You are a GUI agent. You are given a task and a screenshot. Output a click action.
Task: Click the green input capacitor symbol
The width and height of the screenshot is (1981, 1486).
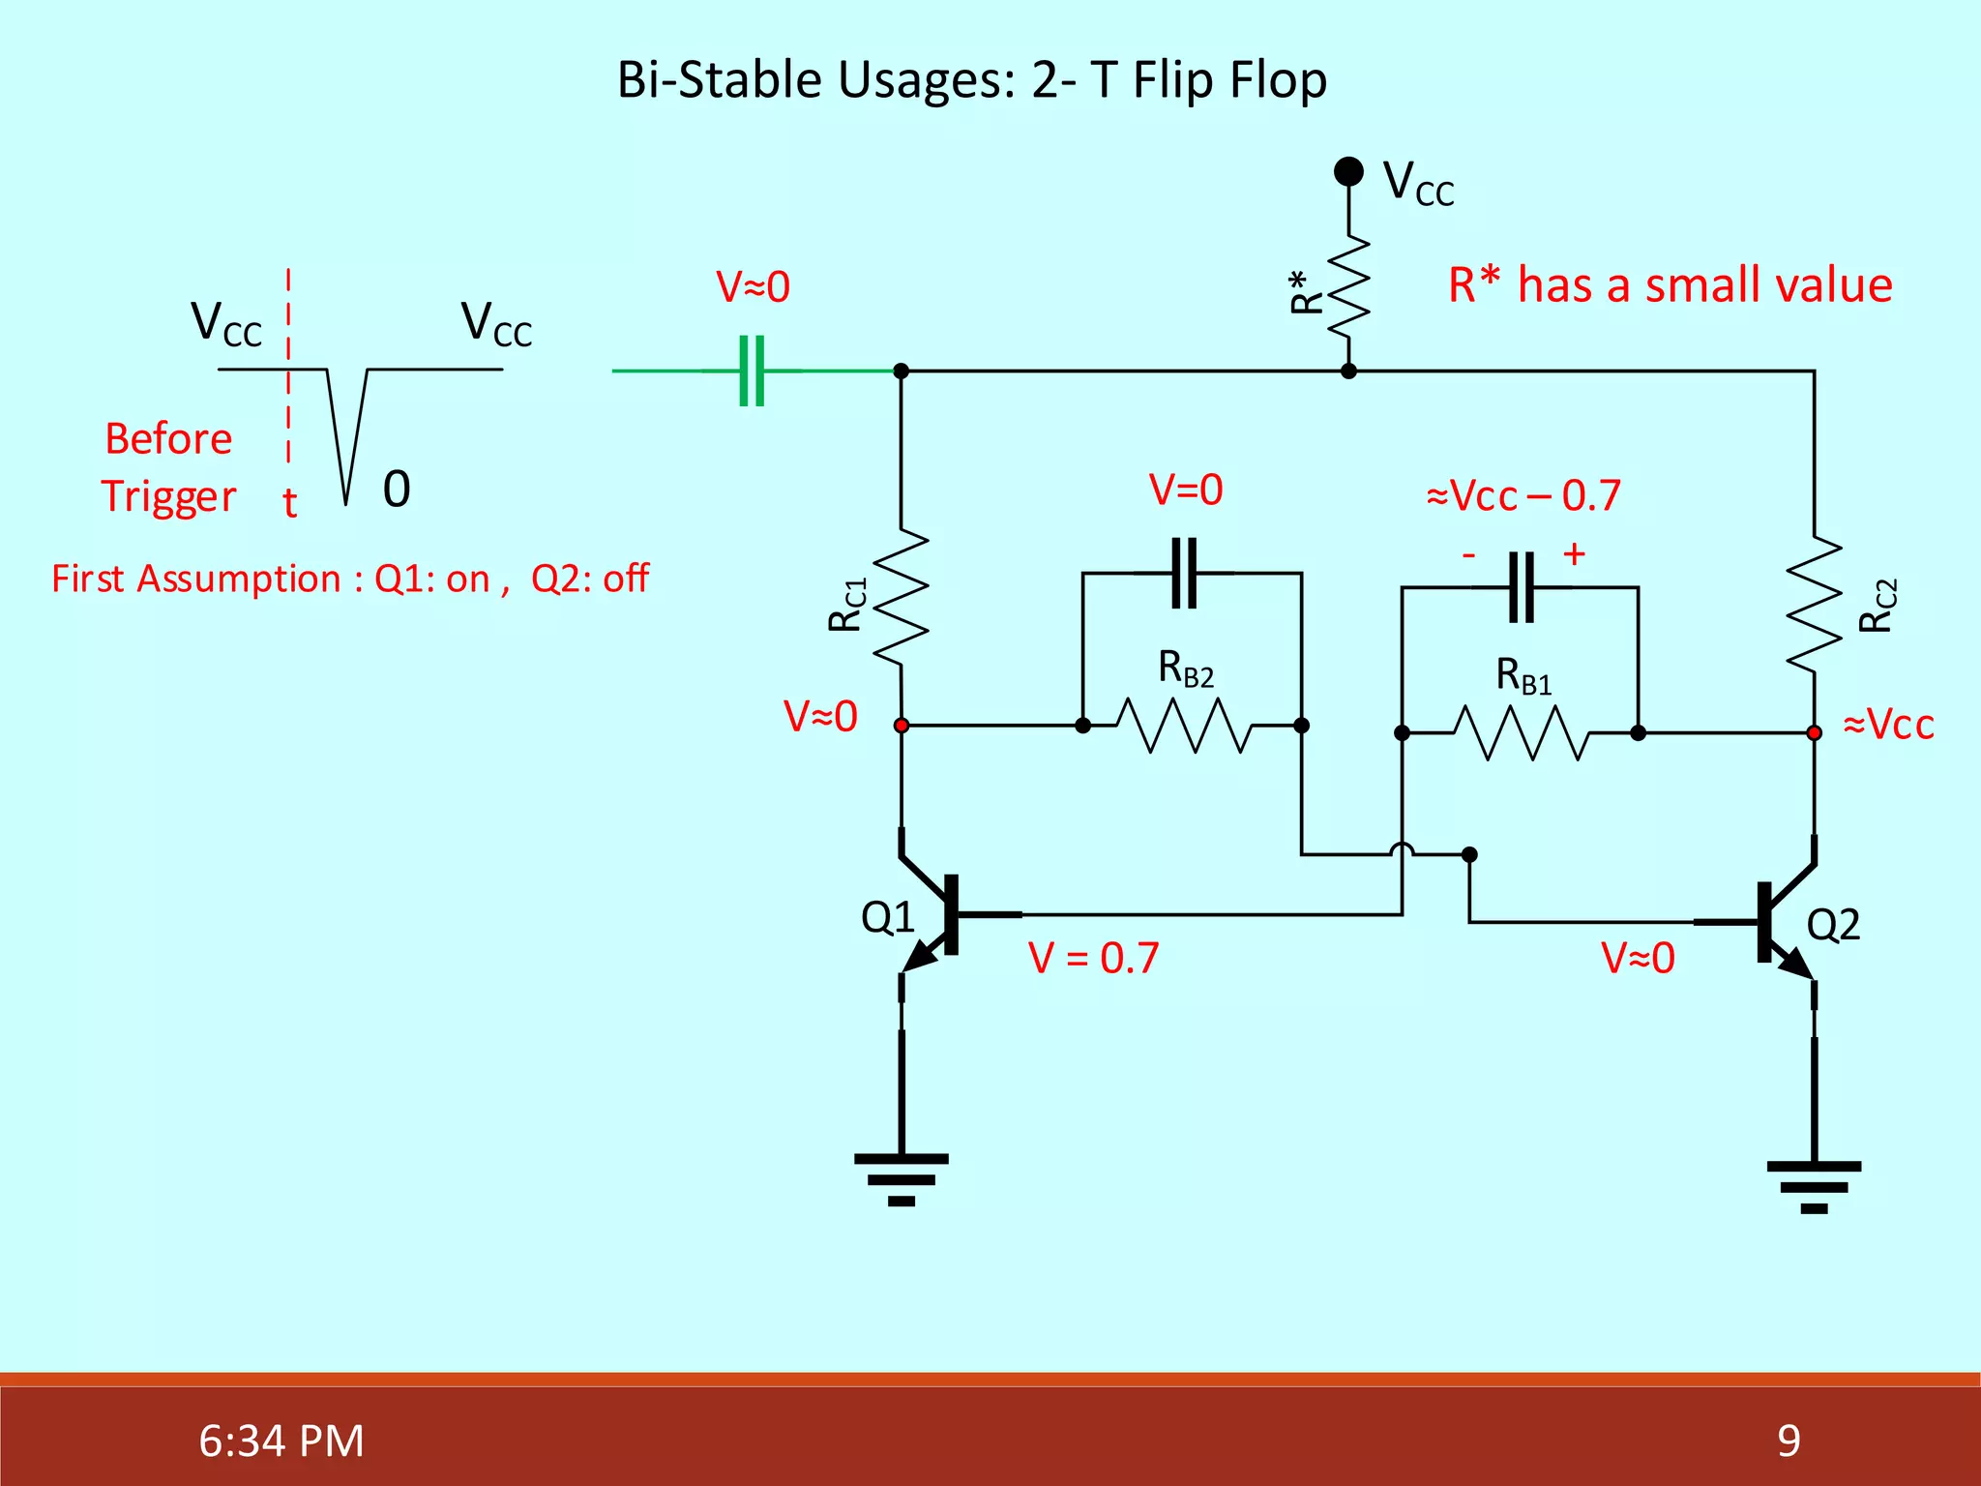(x=752, y=371)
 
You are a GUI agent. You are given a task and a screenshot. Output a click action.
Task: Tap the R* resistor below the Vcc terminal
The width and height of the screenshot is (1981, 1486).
(x=1349, y=286)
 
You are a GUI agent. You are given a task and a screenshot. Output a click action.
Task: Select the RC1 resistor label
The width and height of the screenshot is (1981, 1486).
(x=846, y=606)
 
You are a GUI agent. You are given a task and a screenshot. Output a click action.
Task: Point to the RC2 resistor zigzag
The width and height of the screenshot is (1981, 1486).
(x=1814, y=604)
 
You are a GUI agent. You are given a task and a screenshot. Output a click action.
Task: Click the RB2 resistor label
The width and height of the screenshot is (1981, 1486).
(x=1185, y=669)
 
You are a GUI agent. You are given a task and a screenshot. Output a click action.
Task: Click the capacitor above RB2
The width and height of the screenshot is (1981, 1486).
(x=1184, y=573)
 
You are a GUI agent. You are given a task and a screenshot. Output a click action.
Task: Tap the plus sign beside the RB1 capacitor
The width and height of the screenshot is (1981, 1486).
(x=1574, y=553)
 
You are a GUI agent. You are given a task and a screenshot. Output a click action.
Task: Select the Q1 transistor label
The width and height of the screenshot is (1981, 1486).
(x=887, y=917)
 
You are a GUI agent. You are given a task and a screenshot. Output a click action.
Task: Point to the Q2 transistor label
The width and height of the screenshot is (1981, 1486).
(x=1833, y=925)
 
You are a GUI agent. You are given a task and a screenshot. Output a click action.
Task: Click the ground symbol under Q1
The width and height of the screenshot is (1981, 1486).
(x=902, y=1178)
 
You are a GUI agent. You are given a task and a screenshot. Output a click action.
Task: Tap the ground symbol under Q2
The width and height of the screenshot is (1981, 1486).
(x=1814, y=1186)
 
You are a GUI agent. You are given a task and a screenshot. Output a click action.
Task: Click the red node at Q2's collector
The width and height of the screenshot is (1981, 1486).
(x=1814, y=733)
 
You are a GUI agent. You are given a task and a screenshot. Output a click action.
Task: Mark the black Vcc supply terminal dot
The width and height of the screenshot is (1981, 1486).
(x=1348, y=171)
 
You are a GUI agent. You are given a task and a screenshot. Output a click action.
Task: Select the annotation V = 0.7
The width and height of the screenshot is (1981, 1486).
(x=1093, y=958)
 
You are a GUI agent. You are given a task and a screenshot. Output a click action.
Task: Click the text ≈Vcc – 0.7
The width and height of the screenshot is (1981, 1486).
(x=1523, y=495)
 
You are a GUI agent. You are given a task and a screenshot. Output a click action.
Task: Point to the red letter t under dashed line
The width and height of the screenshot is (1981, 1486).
(x=289, y=503)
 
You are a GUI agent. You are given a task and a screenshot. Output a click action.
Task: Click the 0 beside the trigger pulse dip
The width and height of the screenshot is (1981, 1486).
(x=397, y=490)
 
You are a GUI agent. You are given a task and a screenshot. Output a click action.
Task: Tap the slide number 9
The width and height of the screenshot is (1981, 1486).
(x=1789, y=1441)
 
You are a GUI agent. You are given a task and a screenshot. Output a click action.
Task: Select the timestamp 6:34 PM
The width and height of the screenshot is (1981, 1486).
(x=281, y=1441)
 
